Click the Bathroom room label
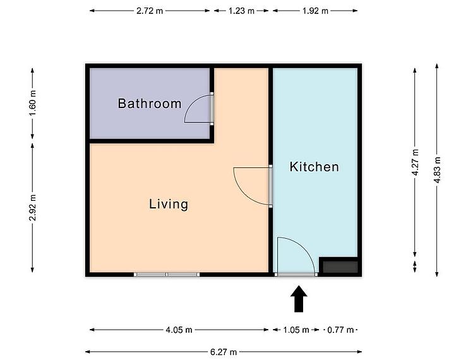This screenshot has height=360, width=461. (x=150, y=104)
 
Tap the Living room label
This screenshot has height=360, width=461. (x=169, y=204)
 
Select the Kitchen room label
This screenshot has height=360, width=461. (x=314, y=167)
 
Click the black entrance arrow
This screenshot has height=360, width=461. (x=299, y=299)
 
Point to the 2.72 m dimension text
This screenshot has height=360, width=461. (x=150, y=11)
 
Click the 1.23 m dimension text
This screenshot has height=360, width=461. (x=241, y=11)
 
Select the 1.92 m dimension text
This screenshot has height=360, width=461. (x=315, y=11)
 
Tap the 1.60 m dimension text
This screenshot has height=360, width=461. (x=33, y=103)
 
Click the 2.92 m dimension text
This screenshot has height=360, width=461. (x=33, y=208)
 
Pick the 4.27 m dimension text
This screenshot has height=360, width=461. (x=415, y=162)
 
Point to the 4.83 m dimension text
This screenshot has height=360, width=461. (x=437, y=170)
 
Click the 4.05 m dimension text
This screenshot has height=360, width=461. (x=179, y=330)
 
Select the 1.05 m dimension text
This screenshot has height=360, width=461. (x=296, y=330)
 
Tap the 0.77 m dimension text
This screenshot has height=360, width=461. (x=340, y=330)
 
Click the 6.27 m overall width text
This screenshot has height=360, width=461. (x=224, y=352)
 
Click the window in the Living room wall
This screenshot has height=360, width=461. (x=167, y=274)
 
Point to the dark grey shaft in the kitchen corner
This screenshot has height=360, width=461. (x=340, y=267)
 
